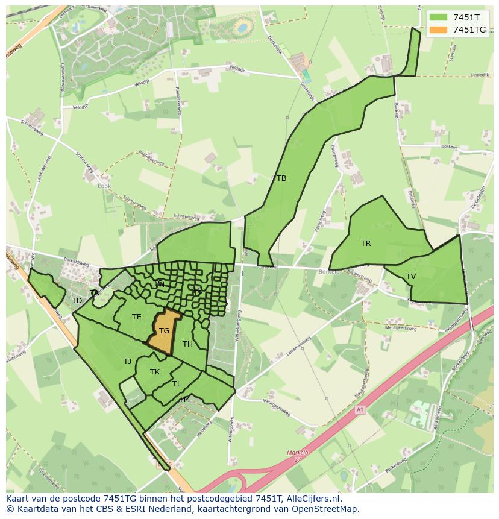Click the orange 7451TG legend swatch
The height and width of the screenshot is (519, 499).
click(x=438, y=30)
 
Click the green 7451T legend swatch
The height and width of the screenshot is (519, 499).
click(x=438, y=17)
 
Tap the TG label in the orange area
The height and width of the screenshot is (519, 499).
click(x=164, y=331)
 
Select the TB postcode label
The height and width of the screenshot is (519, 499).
click(x=281, y=178)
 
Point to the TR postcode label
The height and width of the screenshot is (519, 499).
click(x=366, y=244)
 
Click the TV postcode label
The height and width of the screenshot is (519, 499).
click(x=411, y=277)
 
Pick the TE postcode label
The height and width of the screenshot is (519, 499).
click(x=137, y=317)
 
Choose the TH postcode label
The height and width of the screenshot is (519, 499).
click(x=187, y=344)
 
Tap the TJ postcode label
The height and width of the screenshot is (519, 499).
click(x=127, y=362)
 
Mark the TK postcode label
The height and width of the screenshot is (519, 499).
click(x=155, y=372)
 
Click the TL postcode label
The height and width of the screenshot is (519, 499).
click(x=177, y=384)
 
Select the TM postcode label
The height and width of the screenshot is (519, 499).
click(x=184, y=400)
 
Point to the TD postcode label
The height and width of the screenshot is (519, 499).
click(x=77, y=301)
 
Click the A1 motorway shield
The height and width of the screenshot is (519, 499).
click(x=360, y=410)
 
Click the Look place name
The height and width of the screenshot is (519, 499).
click(x=104, y=186)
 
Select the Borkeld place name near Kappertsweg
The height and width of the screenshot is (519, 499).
click(x=330, y=272)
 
